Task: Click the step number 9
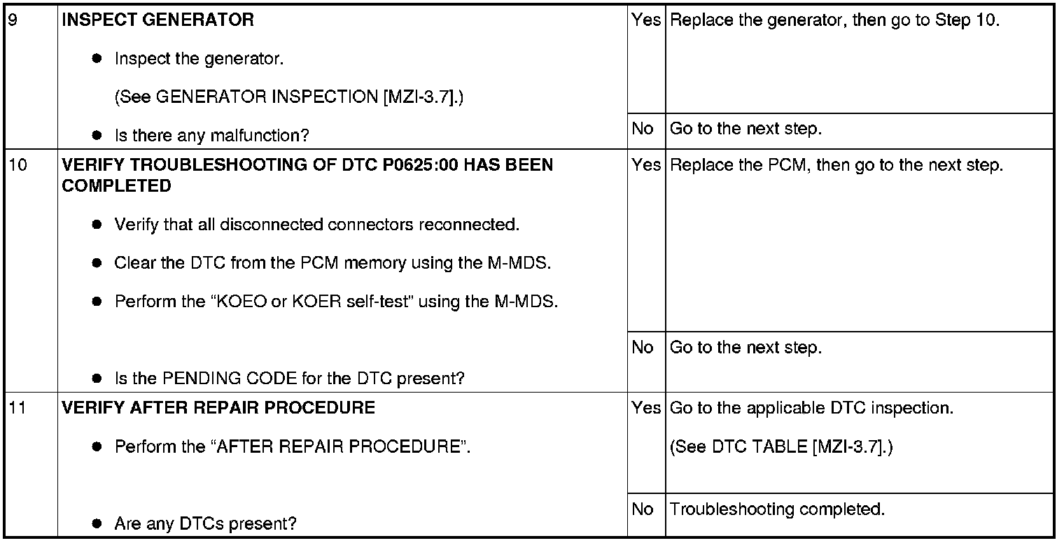(x=13, y=20)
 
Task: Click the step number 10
(x=18, y=165)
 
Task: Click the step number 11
(x=17, y=408)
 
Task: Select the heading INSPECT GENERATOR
(x=157, y=20)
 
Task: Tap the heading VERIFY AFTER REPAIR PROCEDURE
(x=218, y=408)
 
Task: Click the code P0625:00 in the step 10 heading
(x=420, y=165)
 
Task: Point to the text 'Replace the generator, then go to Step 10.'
(x=834, y=20)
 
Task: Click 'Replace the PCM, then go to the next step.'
(x=836, y=165)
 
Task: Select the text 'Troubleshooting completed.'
(x=777, y=509)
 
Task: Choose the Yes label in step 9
(x=646, y=20)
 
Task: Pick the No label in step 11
(x=642, y=509)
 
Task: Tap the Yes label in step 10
(x=646, y=165)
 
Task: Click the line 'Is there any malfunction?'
(x=212, y=136)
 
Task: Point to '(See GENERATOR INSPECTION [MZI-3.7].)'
(x=289, y=97)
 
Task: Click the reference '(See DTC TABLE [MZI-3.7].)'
(x=781, y=447)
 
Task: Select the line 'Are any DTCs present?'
(x=206, y=524)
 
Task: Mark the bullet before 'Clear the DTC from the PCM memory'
(x=97, y=263)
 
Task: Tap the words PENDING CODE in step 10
(x=229, y=379)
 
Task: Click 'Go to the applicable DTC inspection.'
(x=811, y=408)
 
